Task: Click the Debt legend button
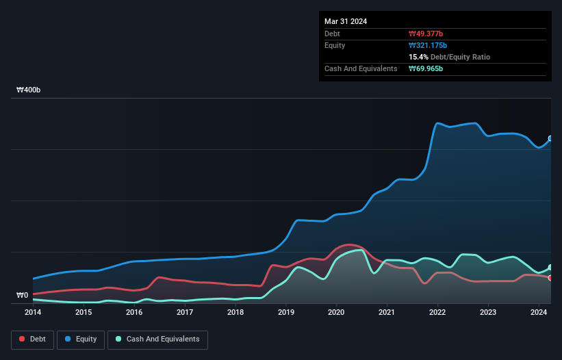pos(33,339)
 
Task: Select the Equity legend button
pos(81,339)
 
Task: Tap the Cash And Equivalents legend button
pos(157,339)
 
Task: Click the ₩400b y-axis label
pos(29,90)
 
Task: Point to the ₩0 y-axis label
pos(23,296)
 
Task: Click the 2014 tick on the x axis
pos(33,313)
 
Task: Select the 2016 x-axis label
pos(134,313)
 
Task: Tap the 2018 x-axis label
pos(235,313)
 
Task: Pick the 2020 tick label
pos(336,313)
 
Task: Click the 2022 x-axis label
pos(437,313)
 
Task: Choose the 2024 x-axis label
pos(539,313)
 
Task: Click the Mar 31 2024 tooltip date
pos(346,21)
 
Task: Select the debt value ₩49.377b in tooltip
pos(426,34)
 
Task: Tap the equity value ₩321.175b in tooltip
pos(429,45)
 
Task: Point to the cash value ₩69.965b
pos(426,69)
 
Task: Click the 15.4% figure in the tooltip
pos(418,57)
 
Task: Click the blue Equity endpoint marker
pos(550,138)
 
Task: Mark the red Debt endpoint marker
pos(550,278)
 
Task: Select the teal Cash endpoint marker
pos(550,268)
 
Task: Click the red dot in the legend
pos(23,339)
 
